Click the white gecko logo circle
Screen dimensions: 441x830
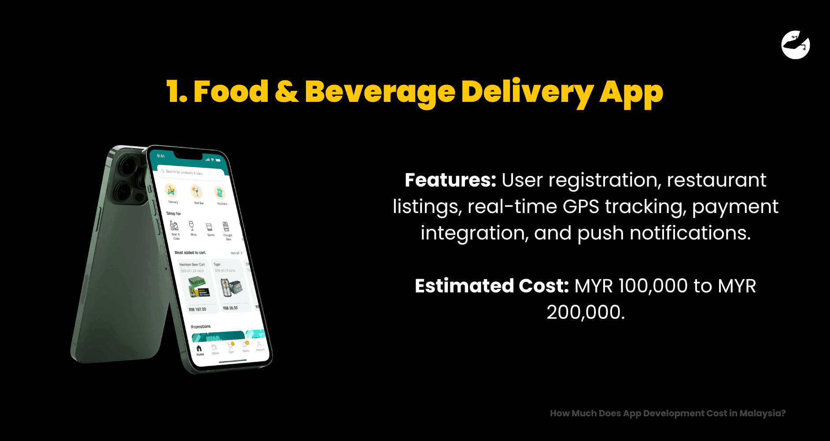pyautogui.click(x=795, y=45)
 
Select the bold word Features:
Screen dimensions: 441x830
pyautogui.click(x=450, y=180)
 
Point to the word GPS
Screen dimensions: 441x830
pyautogui.click(x=581, y=206)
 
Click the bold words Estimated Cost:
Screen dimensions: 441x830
pyautogui.click(x=492, y=286)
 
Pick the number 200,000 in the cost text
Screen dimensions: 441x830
pyautogui.click(x=585, y=312)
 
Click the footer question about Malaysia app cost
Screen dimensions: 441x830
pyautogui.click(x=668, y=413)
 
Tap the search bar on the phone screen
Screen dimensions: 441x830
pyautogui.click(x=192, y=172)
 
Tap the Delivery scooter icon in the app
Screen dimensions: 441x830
pyautogui.click(x=171, y=191)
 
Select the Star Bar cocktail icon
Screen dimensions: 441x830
pyautogui.click(x=196, y=192)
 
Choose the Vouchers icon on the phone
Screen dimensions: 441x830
pyautogui.click(x=219, y=193)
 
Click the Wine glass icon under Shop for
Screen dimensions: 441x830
pyautogui.click(x=192, y=226)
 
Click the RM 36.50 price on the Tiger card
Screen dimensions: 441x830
pyautogui.click(x=230, y=308)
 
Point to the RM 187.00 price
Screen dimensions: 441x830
pyautogui.click(x=197, y=309)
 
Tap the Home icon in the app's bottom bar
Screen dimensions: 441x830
pyautogui.click(x=199, y=349)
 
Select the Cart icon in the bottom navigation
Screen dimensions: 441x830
pyautogui.click(x=230, y=347)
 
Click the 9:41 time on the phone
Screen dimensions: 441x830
pyautogui.click(x=161, y=156)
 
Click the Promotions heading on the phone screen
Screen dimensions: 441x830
pyautogui.click(x=200, y=327)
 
